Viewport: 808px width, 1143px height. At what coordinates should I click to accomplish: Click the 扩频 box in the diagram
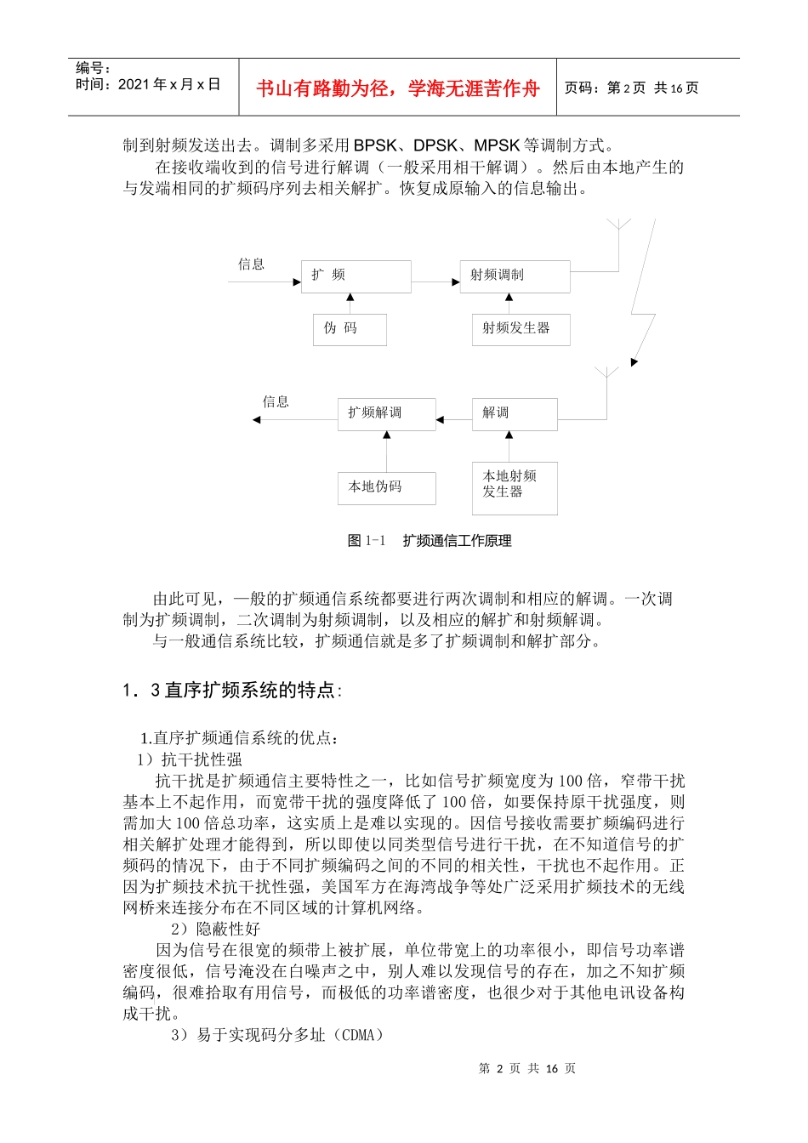click(x=356, y=276)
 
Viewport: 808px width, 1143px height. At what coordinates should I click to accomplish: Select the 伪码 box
click(x=349, y=329)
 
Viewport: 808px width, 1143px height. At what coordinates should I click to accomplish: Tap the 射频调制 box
click(x=515, y=276)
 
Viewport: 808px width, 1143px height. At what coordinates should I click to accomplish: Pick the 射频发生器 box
click(x=521, y=329)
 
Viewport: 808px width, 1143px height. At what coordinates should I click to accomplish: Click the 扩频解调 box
click(x=386, y=414)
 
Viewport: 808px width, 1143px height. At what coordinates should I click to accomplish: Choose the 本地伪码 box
click(x=386, y=488)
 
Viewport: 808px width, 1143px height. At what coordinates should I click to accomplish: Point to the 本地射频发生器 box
click(x=515, y=487)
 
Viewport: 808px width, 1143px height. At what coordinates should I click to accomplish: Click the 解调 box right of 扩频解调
click(x=515, y=414)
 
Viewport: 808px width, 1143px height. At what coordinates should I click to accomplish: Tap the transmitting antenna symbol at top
click(x=619, y=226)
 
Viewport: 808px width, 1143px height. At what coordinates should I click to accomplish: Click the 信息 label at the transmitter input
click(x=251, y=264)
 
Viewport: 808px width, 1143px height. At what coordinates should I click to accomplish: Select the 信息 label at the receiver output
click(x=276, y=401)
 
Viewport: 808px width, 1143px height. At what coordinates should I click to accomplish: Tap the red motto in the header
click(x=398, y=88)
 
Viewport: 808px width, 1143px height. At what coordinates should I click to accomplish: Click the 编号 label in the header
click(x=93, y=68)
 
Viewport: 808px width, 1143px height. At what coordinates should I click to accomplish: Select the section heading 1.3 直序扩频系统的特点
click(x=231, y=691)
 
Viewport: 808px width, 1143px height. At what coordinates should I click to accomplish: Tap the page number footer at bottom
click(x=527, y=1069)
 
